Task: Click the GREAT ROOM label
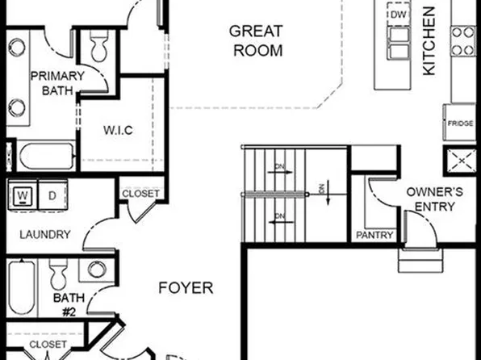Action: tap(255, 41)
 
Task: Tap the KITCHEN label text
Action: tap(429, 41)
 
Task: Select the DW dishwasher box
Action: tap(398, 15)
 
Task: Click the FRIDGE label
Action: tap(461, 123)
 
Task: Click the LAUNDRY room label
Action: tap(44, 235)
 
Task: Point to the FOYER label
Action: tap(185, 287)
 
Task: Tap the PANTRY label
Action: tap(375, 236)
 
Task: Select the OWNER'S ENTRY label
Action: tap(433, 200)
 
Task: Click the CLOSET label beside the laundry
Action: tap(141, 194)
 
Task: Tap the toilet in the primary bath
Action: tap(100, 48)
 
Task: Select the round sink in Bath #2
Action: tap(98, 270)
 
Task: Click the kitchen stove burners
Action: tap(463, 41)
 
